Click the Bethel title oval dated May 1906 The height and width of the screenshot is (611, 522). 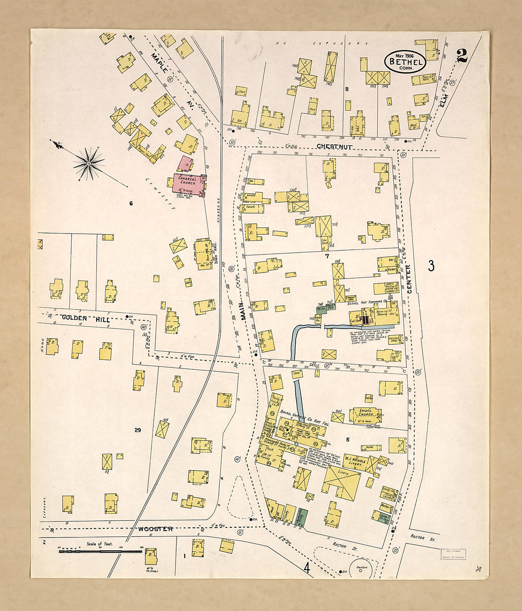[x=405, y=61]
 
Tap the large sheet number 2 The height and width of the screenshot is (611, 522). [x=461, y=56]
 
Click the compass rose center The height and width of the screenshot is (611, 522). [x=88, y=164]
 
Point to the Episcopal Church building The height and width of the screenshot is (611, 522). [x=365, y=415]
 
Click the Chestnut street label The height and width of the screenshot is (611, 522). [x=335, y=147]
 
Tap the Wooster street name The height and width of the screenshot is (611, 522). [x=156, y=528]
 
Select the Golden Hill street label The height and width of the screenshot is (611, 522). [x=86, y=319]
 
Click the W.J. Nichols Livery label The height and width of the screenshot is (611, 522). [x=354, y=461]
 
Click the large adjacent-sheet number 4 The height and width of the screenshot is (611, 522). [x=307, y=568]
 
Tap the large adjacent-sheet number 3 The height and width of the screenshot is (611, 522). [x=431, y=265]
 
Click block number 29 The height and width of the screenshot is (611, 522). [x=138, y=430]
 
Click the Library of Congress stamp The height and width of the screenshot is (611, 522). [x=452, y=554]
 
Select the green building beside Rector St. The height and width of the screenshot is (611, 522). [x=300, y=517]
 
